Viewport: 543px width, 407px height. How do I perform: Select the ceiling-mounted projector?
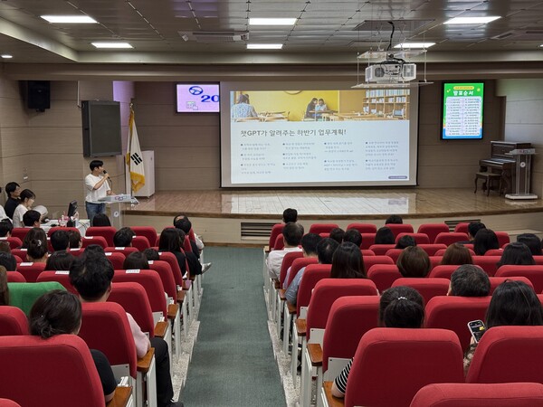click(x=390, y=71)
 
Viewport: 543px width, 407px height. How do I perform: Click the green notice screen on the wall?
click(x=462, y=110)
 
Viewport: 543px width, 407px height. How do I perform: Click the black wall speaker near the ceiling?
click(x=37, y=95)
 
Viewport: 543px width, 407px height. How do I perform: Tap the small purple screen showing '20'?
click(x=197, y=98)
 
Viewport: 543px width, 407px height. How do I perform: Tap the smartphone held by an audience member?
click(x=476, y=330)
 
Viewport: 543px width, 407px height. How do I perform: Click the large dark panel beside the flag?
click(x=101, y=128)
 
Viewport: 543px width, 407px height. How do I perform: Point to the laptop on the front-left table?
click(x=71, y=214)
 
